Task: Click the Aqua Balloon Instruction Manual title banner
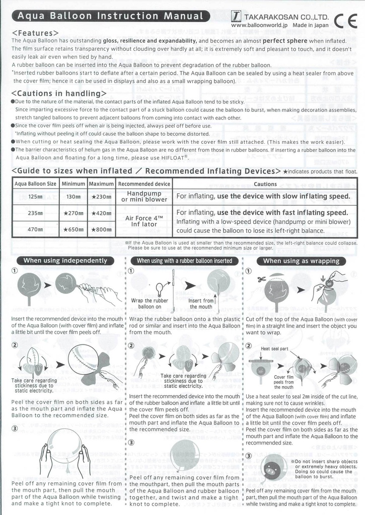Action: pos(111,16)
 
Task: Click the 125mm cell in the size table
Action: pos(35,197)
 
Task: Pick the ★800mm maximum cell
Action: pos(101,229)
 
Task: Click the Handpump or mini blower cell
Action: pos(144,196)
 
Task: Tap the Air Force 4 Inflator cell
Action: pos(144,221)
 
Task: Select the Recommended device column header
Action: pos(144,184)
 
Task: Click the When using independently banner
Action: pos(65,261)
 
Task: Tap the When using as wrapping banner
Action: pos(302,261)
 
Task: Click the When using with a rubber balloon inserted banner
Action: pos(184,261)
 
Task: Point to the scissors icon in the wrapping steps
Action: pos(260,279)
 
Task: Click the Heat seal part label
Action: pos(274,349)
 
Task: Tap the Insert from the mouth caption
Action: pos(201,303)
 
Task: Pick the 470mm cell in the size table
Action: pos(35,229)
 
